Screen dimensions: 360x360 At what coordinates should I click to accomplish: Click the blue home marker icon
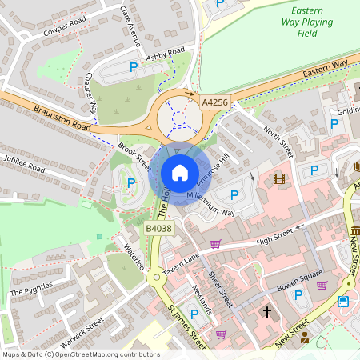point(180,172)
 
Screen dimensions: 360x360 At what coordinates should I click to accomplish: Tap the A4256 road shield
point(214,102)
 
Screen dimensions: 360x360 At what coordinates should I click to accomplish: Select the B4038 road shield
point(158,229)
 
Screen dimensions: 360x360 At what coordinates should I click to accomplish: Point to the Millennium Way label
point(211,203)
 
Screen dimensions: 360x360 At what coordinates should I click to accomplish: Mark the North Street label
point(279,139)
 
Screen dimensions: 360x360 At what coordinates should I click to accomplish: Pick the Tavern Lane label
point(181,264)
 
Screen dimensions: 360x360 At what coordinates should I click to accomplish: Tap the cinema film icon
point(279,178)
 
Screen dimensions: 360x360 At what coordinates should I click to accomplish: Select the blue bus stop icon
point(343,302)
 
